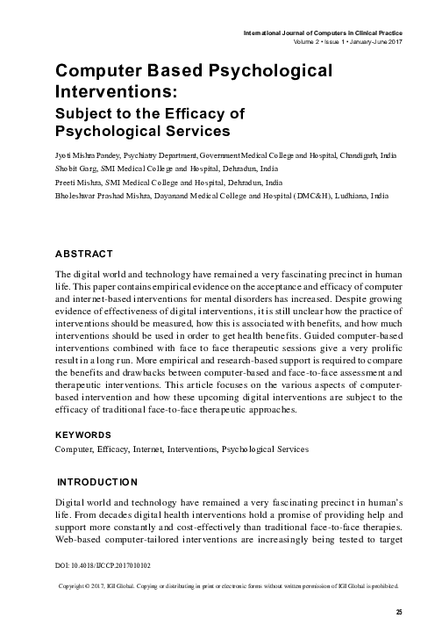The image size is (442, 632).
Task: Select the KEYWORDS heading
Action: pyautogui.click(x=82, y=434)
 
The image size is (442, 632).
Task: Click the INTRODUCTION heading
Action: pyautogui.click(x=96, y=483)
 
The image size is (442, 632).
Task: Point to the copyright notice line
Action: pyautogui.click(x=227, y=608)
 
